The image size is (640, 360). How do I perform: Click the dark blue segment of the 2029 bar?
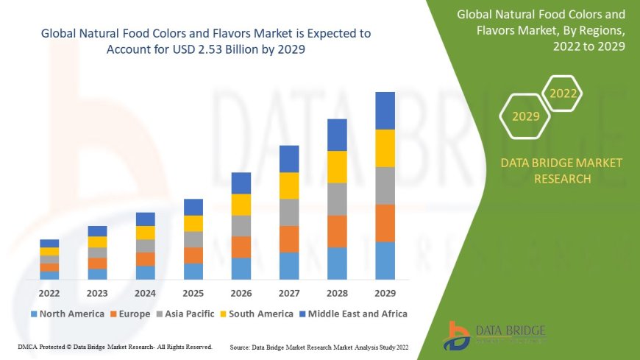385,110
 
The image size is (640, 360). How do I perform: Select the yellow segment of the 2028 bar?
337,166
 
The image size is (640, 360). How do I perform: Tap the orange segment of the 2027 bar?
289,239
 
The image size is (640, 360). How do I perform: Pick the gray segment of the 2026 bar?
241,225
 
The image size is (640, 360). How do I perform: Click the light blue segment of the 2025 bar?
193,271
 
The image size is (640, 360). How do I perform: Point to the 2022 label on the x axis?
49,292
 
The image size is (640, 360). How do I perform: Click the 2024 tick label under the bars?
145,292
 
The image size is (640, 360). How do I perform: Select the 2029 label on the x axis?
385,292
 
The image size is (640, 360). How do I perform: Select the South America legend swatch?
223,314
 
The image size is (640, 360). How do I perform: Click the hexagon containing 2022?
563,93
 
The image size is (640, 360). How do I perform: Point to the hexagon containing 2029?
525,116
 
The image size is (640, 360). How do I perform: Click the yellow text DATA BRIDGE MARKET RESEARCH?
561,171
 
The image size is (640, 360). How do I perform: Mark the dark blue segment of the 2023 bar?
97,231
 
